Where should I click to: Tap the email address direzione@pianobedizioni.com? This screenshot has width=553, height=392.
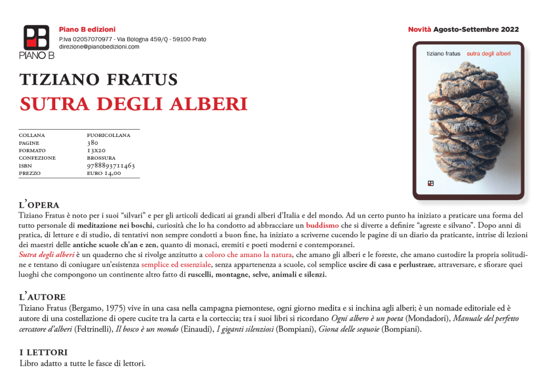coord(99,47)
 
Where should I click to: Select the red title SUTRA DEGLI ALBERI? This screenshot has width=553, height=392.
coord(134,104)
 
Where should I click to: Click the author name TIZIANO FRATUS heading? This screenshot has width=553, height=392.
coord(98,80)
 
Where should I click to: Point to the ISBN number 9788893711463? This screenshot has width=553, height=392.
coord(111,165)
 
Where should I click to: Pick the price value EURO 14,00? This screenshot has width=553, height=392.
coord(104,173)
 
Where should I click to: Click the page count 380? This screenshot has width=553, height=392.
coord(92,143)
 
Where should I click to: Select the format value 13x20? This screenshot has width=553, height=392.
coord(96,150)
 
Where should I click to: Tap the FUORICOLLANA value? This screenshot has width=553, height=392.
coord(108,135)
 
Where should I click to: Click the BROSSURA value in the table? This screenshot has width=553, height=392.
coord(101,158)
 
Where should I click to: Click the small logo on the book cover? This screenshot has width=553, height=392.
coord(430,183)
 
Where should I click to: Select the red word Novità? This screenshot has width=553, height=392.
coord(420,30)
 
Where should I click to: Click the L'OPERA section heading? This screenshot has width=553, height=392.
coord(39,205)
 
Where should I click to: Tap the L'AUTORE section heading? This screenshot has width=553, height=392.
coord(42,297)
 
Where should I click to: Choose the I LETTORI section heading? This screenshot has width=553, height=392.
coord(43,352)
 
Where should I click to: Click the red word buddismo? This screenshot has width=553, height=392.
coord(322,225)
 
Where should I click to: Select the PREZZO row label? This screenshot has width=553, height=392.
coord(29,173)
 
